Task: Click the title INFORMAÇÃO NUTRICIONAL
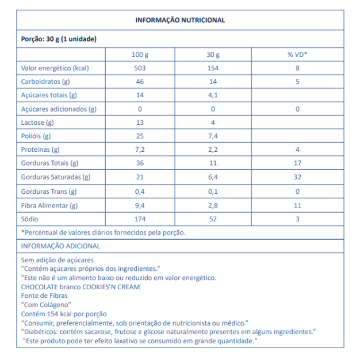[x=180, y=20]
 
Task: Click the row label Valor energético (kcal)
[x=55, y=68]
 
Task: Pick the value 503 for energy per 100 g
[x=140, y=68]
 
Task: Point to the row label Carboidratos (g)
[x=45, y=82]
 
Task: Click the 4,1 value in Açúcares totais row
[x=213, y=95]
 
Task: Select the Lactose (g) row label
[x=37, y=122]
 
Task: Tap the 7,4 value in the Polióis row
[x=213, y=136]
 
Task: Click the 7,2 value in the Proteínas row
[x=140, y=150]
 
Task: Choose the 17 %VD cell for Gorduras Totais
[x=297, y=164]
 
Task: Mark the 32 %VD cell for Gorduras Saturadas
[x=297, y=178]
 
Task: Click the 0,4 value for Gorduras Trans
[x=140, y=192]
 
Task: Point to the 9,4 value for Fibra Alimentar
[x=140, y=205]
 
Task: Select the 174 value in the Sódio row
[x=140, y=219]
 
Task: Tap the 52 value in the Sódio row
[x=213, y=219]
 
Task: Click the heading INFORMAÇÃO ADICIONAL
[x=60, y=246]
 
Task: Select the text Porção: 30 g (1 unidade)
[x=59, y=39]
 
